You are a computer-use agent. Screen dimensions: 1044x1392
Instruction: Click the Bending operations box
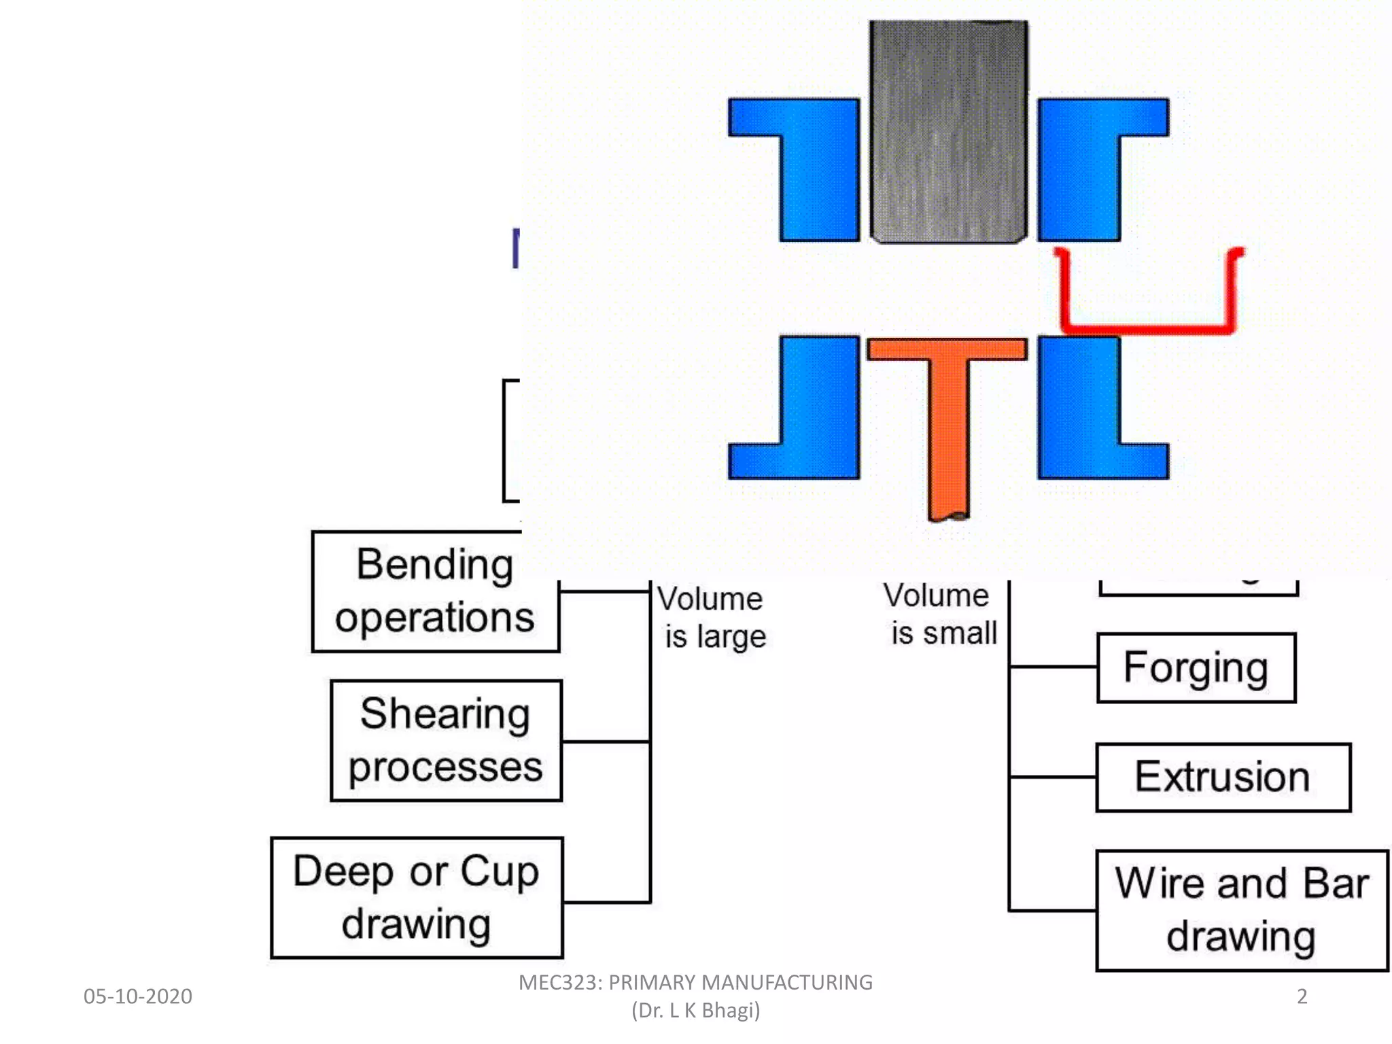pos(435,591)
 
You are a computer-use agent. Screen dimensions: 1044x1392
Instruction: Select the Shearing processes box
pos(446,740)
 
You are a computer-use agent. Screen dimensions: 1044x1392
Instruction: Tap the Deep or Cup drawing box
pos(417,897)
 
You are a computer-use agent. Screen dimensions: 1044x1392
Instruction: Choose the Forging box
pos(1196,667)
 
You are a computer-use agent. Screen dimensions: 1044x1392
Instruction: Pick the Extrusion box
pos(1223,777)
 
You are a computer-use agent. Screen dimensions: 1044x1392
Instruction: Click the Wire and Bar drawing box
pos(1242,910)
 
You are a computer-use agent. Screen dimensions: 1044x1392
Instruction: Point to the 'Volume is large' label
pos(712,617)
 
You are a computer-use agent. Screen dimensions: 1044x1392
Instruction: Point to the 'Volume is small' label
pos(941,614)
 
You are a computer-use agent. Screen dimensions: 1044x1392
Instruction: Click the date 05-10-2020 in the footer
pos(138,996)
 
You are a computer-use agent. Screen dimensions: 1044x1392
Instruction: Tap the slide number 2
pos(1302,996)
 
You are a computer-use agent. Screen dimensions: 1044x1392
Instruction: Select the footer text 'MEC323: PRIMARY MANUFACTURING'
pos(695,983)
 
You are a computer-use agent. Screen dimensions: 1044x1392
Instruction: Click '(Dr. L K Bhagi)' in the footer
pos(695,1011)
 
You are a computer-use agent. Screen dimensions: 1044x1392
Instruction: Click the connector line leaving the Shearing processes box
pos(605,741)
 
